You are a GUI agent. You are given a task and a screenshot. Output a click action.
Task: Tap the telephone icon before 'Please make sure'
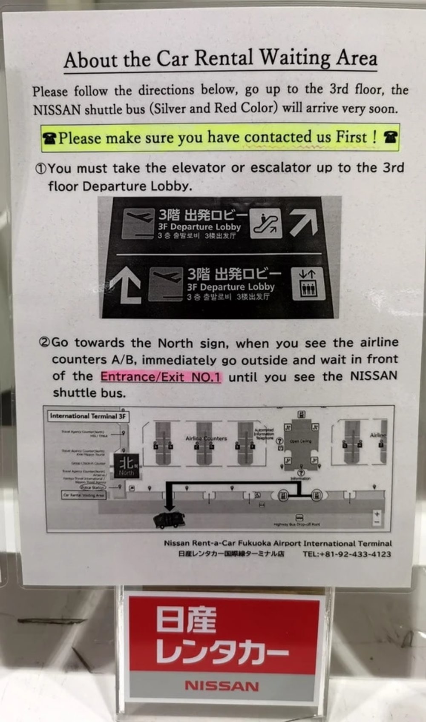click(x=49, y=138)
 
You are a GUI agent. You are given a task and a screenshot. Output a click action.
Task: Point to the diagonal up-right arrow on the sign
click(x=304, y=222)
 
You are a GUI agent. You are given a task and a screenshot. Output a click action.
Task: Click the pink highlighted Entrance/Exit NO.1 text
click(x=161, y=377)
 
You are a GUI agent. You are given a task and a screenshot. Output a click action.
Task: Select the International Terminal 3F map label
click(x=88, y=416)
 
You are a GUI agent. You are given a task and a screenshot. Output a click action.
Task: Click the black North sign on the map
click(x=126, y=465)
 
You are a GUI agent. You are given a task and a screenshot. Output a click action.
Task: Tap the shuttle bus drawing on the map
click(x=169, y=520)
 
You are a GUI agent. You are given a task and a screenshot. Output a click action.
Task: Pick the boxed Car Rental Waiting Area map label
click(x=83, y=495)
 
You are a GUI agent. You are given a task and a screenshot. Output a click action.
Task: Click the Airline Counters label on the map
click(x=206, y=438)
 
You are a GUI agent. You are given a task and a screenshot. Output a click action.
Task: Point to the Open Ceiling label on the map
click(x=300, y=441)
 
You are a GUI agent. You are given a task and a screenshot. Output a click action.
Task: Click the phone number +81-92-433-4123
click(x=347, y=554)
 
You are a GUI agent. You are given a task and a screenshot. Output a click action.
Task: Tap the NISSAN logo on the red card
click(x=222, y=686)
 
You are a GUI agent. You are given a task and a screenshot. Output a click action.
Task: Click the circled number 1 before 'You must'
click(x=40, y=169)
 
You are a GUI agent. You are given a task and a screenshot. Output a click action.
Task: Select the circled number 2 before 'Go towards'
click(x=44, y=342)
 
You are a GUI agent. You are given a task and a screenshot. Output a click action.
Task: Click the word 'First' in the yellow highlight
click(x=351, y=137)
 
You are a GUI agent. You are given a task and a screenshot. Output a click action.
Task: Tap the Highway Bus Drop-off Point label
click(x=296, y=524)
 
